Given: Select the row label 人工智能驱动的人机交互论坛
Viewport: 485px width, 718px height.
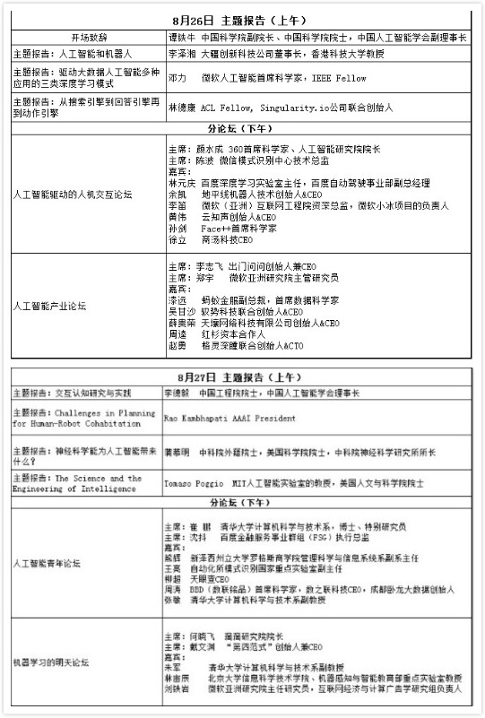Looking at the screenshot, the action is coord(74,193).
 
